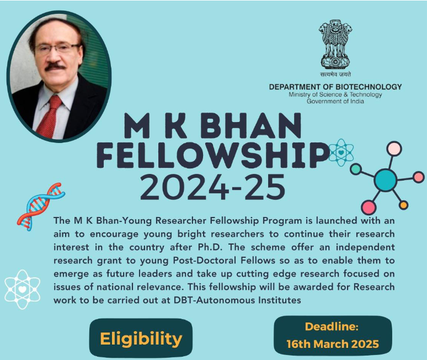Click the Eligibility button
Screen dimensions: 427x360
(x=141, y=338)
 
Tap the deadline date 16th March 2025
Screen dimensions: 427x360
(x=333, y=344)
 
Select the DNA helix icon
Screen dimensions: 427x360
(x=41, y=207)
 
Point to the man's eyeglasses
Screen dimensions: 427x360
(x=58, y=49)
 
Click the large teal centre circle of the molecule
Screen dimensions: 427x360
(x=385, y=179)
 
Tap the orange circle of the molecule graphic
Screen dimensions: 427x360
(x=404, y=205)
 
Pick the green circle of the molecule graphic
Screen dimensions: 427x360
(x=355, y=169)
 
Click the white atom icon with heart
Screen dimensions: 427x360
(x=22, y=289)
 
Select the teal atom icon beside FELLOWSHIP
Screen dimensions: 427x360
(x=341, y=152)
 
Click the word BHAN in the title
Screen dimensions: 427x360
(x=252, y=126)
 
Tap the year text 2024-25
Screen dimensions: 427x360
(x=213, y=187)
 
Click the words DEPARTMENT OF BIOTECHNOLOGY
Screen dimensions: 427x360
(x=335, y=87)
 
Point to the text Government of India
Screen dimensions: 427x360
(x=335, y=102)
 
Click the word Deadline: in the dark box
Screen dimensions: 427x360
(x=332, y=326)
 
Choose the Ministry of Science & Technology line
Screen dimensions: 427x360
(x=335, y=94)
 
